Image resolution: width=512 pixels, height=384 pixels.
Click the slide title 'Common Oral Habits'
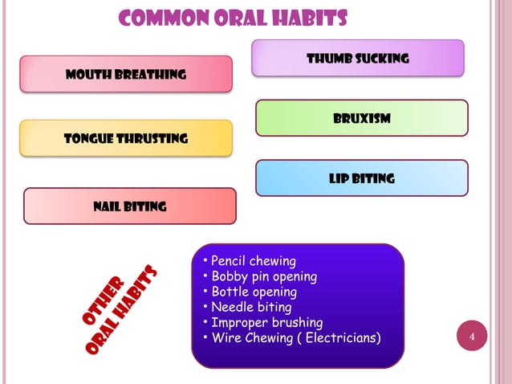233,18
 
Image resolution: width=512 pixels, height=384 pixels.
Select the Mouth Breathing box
126,74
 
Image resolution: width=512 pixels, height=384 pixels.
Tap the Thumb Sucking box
358,58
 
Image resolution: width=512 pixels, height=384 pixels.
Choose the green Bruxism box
362,118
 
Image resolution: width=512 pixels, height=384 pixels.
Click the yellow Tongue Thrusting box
126,137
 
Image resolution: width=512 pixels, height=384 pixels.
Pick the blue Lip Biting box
361,178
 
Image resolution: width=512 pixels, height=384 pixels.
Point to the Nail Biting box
130,206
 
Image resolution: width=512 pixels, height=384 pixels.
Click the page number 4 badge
473,336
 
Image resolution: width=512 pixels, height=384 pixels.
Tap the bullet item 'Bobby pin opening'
263,276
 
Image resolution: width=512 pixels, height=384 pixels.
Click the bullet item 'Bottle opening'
253,292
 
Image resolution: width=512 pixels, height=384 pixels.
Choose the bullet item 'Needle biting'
250,307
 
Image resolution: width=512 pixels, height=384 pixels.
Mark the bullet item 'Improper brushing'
266,322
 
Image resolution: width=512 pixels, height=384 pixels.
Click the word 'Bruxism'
362,119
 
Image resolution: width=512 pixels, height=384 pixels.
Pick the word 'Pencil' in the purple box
230,261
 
